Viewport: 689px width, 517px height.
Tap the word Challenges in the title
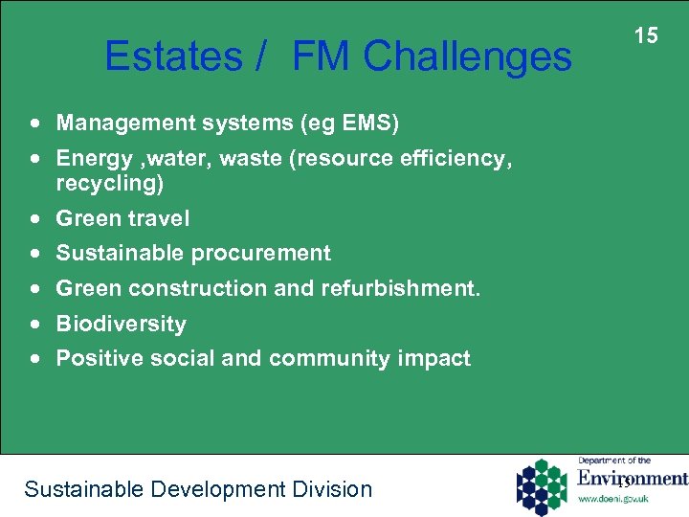pyautogui.click(x=467, y=56)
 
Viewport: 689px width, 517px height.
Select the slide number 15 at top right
pyautogui.click(x=647, y=35)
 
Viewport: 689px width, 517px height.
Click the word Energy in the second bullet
pyautogui.click(x=92, y=159)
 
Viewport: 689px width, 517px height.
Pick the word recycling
pyautogui.click(x=109, y=182)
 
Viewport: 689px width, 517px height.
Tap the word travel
pyautogui.click(x=160, y=218)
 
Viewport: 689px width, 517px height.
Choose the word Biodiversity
pyautogui.click(x=121, y=324)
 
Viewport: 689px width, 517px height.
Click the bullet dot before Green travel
pyautogui.click(x=35, y=219)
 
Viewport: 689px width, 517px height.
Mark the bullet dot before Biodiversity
pyautogui.click(x=35, y=325)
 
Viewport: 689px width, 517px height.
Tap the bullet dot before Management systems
pyautogui.click(x=35, y=124)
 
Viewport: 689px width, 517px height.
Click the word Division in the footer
pyautogui.click(x=331, y=489)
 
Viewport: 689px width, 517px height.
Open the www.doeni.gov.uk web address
pyautogui.click(x=614, y=499)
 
